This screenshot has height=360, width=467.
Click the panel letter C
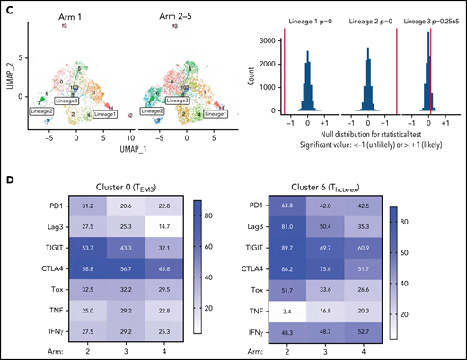[x=7, y=9]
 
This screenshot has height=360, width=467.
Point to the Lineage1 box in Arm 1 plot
[x=105, y=115]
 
